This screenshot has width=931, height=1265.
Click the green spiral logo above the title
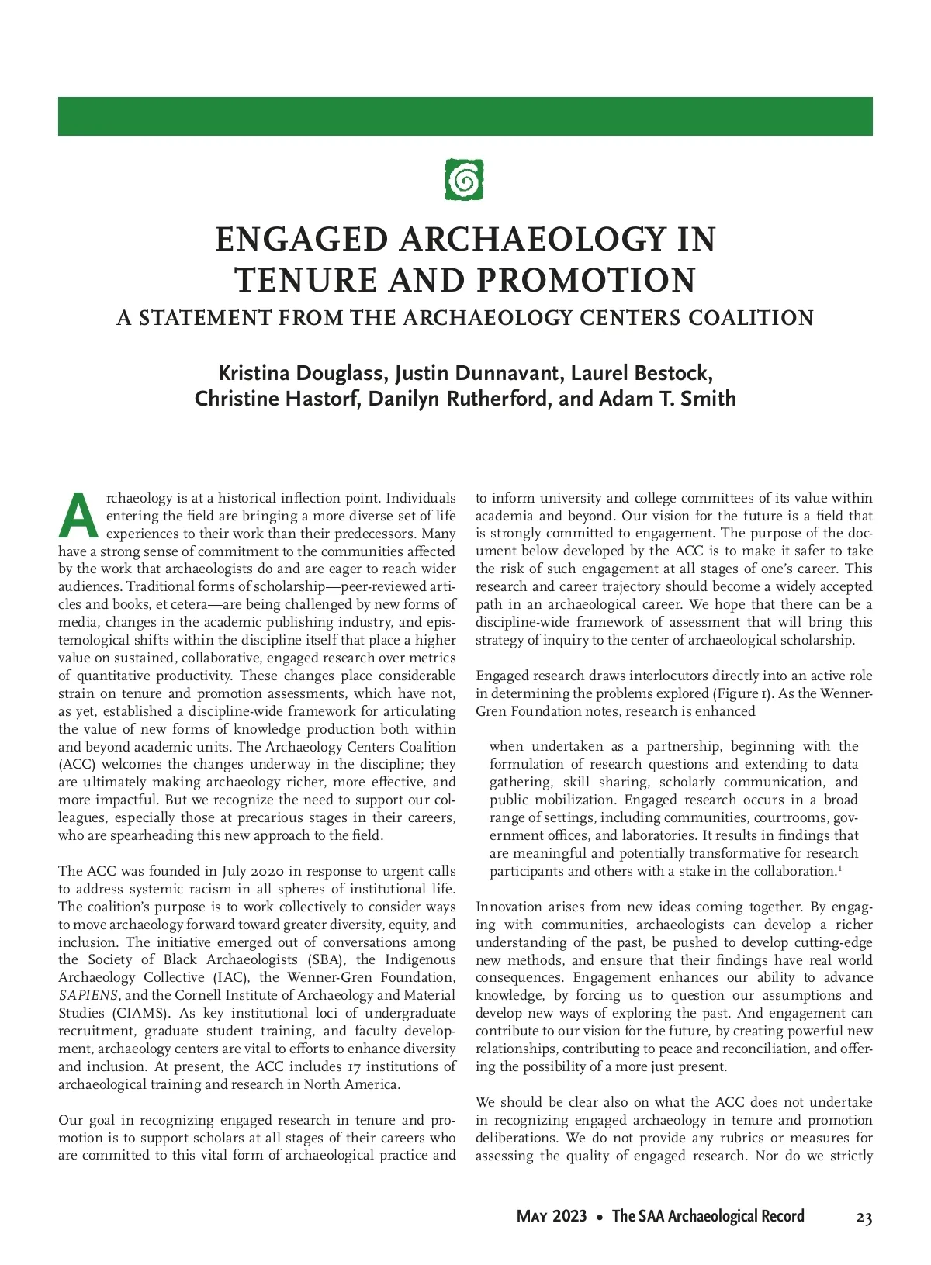(465, 179)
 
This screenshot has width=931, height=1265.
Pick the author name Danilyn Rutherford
(459, 399)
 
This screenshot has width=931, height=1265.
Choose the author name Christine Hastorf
(279, 399)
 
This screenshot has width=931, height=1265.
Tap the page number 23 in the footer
(864, 1218)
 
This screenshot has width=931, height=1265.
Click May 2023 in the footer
(552, 1216)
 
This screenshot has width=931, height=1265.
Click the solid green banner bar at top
(465, 116)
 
